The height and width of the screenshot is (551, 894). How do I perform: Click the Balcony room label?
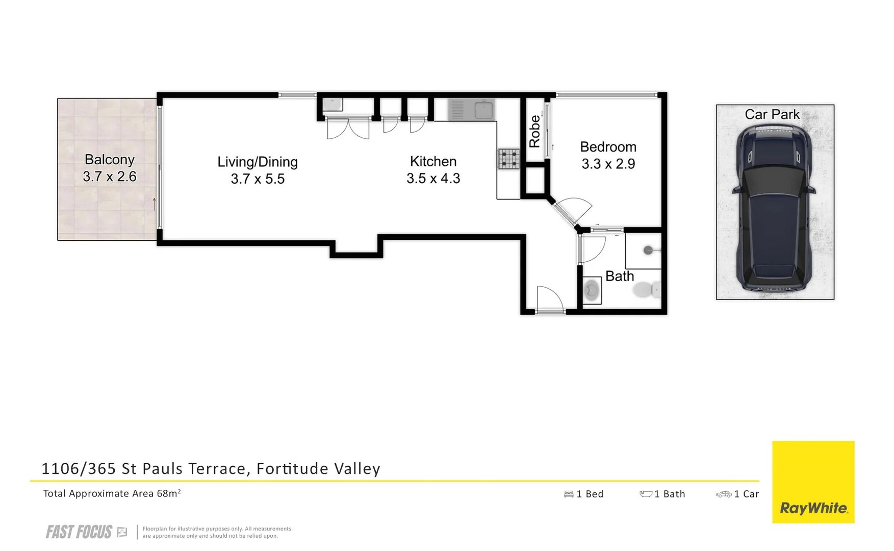coord(109,160)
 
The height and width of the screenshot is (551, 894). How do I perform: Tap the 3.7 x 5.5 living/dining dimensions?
coord(258,179)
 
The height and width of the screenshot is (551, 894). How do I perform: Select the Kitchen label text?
coord(433,162)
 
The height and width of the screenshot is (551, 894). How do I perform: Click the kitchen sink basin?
coord(483,110)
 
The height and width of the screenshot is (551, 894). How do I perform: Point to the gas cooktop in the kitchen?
coord(508,159)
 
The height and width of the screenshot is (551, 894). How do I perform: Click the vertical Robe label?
coord(534,131)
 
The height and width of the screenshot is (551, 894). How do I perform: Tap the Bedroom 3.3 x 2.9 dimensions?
coord(608,164)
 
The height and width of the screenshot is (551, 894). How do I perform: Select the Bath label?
coord(619,276)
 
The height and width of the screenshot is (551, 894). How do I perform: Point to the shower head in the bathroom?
coord(648,250)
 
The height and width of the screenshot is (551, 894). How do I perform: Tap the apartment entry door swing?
coord(550,299)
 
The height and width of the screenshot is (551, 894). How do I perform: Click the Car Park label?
coord(772,114)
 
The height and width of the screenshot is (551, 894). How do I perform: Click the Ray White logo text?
coord(813,508)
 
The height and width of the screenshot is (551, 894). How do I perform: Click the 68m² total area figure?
coord(169,493)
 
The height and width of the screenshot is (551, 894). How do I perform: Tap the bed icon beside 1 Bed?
coord(569,494)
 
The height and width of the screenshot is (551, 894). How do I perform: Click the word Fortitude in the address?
coord(293,468)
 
